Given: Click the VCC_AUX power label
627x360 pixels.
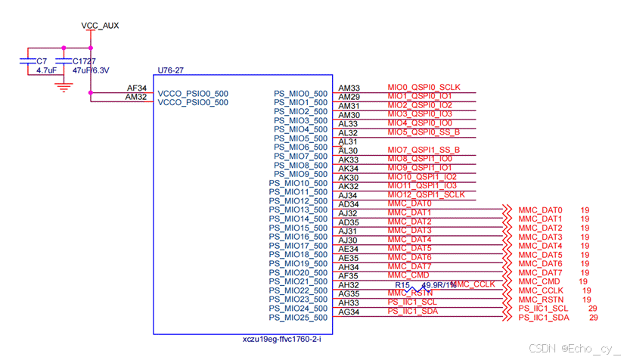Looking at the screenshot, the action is pos(100,26).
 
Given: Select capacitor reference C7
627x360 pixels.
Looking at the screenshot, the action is pos(42,60).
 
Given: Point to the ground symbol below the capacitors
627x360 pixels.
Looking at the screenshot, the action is pos(64,87).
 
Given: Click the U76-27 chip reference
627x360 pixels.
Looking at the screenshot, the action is pos(170,70).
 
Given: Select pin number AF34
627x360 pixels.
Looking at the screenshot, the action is pos(136,88).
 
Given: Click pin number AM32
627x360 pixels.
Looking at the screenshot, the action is pos(136,97).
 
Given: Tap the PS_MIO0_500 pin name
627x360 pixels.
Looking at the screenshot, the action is pos(300,94).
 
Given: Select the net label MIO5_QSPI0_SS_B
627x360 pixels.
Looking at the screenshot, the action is pos(424,132).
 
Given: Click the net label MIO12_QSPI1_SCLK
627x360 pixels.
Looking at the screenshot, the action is pos(425,194).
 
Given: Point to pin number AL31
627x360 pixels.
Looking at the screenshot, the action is pos(348,141).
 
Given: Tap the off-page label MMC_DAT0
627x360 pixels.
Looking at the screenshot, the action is pos(541,209).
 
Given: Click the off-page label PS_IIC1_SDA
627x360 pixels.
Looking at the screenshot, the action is pos(544,318).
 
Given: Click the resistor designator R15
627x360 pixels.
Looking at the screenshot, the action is pos(413,284).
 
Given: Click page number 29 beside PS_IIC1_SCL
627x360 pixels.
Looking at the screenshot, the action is pos(593,309).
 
